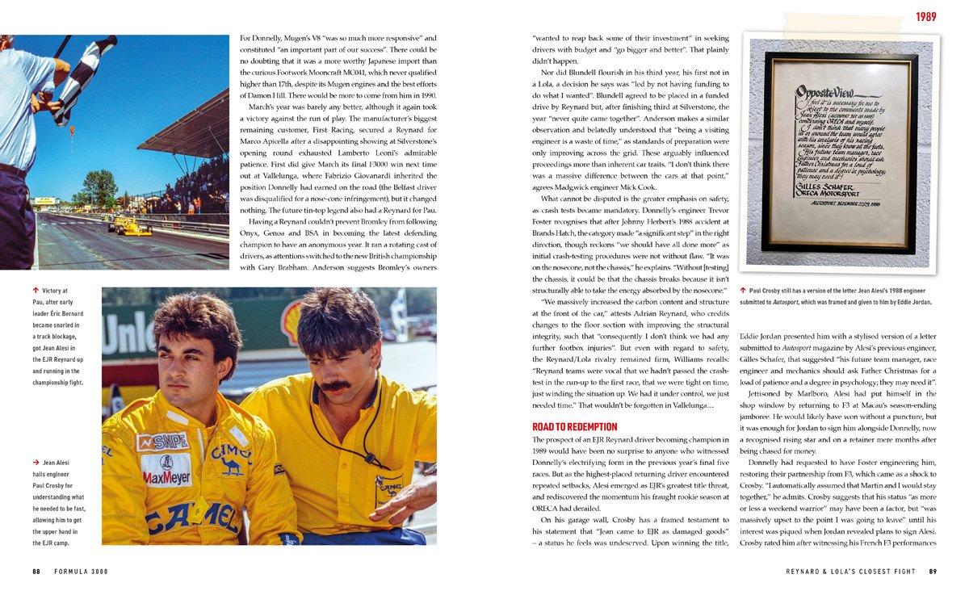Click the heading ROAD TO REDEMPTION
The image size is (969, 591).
click(574, 426)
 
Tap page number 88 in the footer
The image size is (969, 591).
click(36, 572)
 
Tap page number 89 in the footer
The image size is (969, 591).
click(932, 572)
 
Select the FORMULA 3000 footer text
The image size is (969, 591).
click(81, 572)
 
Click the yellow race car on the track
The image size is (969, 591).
click(131, 227)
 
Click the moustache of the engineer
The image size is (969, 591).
click(336, 386)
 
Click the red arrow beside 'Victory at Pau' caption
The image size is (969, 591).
click(36, 290)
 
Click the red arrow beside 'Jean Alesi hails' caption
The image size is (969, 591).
click(36, 463)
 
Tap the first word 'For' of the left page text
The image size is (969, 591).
click(247, 38)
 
